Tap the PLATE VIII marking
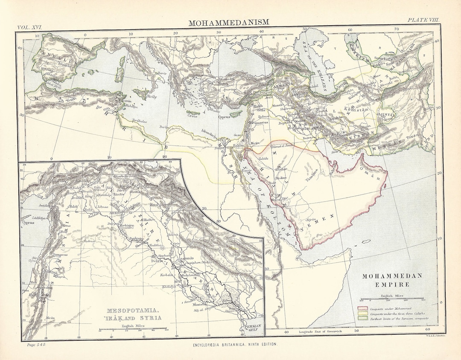[x=423, y=20]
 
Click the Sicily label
[x=151, y=97]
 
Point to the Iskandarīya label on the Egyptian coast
[x=214, y=136]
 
